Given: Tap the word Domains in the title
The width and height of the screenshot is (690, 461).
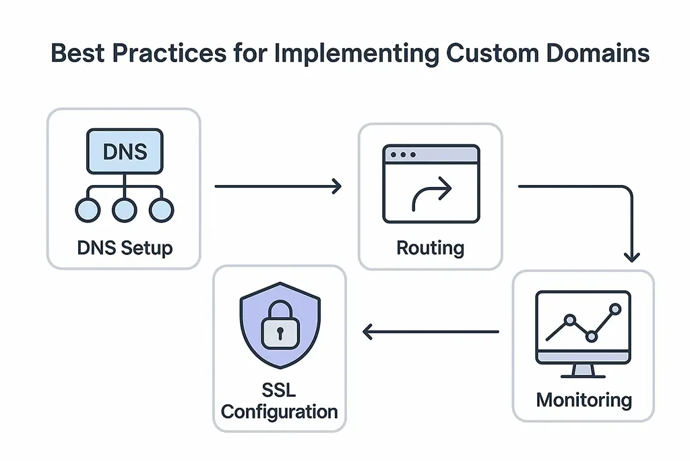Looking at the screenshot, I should pos(594,53).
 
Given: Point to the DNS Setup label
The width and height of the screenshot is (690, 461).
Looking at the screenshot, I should pos(125,248).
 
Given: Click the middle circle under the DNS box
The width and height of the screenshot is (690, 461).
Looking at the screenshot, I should pos(123,211).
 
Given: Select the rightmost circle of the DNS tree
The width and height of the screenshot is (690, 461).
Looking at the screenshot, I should pos(161,211).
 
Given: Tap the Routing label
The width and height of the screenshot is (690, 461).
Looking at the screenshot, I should pos(430,248).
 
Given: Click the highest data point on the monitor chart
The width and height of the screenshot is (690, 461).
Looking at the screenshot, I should pos(614,309).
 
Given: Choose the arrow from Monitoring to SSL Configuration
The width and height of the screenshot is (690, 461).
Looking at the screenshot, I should pos(431,331).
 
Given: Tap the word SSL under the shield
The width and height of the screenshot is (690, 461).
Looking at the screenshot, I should pos(280,390).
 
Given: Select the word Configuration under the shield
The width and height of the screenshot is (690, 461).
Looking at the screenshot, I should pos(280,411).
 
